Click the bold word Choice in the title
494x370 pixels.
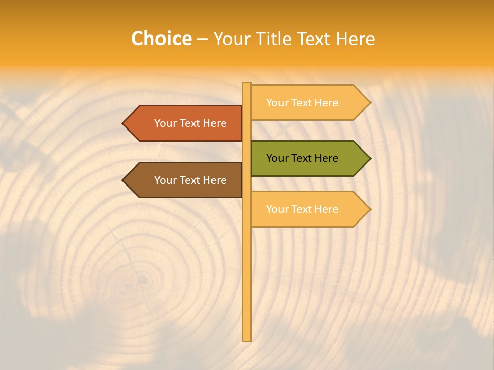point(161,39)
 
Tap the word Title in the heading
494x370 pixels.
point(273,39)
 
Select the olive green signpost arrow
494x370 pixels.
point(309,158)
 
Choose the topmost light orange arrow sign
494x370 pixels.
point(309,103)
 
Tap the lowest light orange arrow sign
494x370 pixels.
point(309,209)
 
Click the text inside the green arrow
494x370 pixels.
point(302,158)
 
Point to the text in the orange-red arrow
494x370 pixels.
point(190,123)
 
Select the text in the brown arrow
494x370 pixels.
point(190,180)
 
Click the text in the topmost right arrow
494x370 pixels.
point(302,103)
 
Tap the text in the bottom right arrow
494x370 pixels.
point(302,209)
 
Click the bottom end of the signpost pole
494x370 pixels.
point(246,339)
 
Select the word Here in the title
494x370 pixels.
point(355,39)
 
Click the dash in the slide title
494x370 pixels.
point(202,40)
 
